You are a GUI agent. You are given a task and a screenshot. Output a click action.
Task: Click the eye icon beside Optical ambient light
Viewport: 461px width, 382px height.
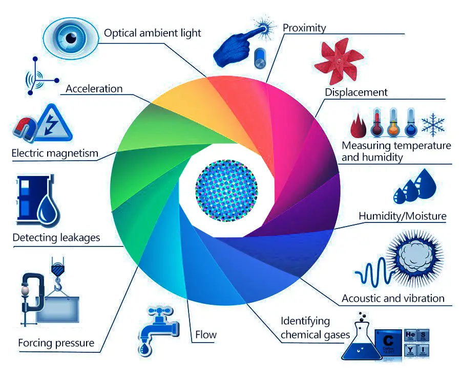71,38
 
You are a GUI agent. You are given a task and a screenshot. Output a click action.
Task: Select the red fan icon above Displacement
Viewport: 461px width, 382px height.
339,61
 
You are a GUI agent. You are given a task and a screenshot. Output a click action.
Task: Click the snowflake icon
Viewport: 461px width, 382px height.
433,124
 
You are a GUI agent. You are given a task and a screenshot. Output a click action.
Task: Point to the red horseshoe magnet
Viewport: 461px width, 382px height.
25,129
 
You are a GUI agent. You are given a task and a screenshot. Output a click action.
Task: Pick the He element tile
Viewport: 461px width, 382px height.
410,335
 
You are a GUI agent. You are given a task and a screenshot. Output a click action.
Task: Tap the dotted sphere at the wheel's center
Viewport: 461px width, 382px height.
226,190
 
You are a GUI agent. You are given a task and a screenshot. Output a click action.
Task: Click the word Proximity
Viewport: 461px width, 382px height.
304,28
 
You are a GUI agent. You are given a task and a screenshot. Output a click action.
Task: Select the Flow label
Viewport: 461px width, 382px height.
206,334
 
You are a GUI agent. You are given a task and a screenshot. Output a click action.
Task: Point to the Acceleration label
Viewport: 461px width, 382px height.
94,88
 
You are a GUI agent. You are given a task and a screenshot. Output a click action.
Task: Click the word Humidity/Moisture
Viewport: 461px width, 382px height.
403,216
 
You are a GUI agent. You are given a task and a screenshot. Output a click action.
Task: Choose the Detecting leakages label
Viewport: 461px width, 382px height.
56,238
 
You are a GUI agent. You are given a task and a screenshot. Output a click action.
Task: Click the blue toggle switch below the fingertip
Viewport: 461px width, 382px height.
260,58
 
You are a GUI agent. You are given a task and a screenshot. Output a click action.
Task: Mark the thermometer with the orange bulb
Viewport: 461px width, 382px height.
393,123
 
